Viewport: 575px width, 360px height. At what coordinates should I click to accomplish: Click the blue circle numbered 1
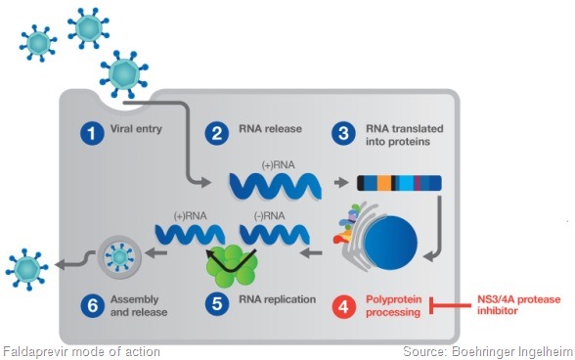pos(91,134)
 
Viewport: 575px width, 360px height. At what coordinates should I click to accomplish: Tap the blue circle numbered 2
pos(219,134)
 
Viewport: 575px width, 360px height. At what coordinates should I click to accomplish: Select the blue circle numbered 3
pos(341,134)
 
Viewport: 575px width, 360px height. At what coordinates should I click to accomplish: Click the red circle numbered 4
pos(341,305)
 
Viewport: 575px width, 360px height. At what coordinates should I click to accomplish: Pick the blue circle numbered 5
pos(219,305)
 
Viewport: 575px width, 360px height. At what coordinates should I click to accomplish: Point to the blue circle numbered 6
pos(91,305)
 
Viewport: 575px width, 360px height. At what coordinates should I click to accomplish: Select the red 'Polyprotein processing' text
pos(392,305)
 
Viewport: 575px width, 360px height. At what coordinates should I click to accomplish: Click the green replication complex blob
pos(232,261)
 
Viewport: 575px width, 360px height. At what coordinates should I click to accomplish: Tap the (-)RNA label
pos(269,214)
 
